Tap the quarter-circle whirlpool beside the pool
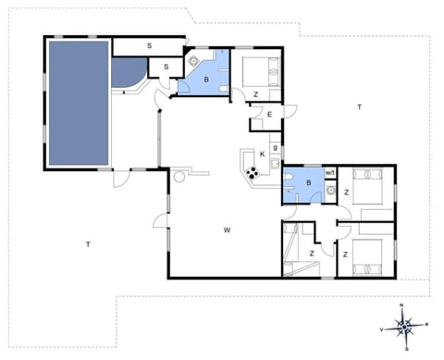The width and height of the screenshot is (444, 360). [127, 75]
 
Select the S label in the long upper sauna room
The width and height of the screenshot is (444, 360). [148, 45]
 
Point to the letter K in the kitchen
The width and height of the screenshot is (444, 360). [263, 153]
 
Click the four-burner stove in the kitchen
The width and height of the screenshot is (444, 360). [251, 171]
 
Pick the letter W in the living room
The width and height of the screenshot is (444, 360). [226, 229]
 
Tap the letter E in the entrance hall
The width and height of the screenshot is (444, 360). [269, 114]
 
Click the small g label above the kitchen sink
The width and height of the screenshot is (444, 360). [276, 148]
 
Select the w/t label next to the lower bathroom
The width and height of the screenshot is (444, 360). [330, 171]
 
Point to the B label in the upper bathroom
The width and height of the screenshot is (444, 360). [207, 81]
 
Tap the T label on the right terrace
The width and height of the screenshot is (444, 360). [358, 108]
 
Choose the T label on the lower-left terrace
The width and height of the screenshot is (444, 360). [87, 244]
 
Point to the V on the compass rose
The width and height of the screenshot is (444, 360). [381, 329]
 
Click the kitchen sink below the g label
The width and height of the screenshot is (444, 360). [276, 162]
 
